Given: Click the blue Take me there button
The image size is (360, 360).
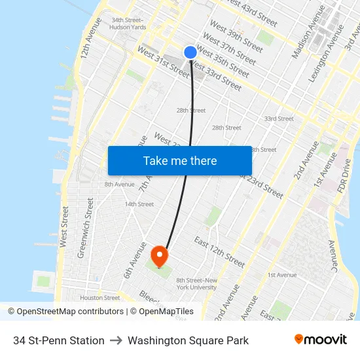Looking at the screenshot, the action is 180,160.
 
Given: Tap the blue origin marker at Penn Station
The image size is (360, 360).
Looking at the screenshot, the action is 190,52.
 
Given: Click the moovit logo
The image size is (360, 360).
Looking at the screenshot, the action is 321,340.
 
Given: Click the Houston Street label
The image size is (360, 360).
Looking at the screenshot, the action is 100,297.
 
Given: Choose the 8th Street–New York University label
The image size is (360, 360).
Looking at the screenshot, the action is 196,283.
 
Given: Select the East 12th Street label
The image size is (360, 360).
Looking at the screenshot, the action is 219,252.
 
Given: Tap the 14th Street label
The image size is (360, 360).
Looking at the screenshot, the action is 139,204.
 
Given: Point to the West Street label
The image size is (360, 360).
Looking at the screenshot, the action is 63,226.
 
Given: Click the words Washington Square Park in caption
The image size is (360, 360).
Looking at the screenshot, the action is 188,340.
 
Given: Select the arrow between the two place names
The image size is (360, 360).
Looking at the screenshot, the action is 116,340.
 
